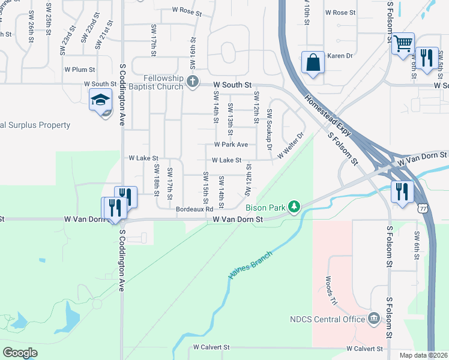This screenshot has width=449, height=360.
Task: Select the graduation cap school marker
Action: [x=101, y=100]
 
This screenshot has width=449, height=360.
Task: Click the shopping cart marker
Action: [x=403, y=43]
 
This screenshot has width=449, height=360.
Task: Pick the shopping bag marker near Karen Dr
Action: [x=313, y=62]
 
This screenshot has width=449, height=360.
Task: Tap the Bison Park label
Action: [x=265, y=208]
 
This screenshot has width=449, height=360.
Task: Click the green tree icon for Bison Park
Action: [x=294, y=207]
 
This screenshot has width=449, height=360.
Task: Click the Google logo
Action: [x=20, y=353]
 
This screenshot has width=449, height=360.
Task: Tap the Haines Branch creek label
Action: [x=250, y=265]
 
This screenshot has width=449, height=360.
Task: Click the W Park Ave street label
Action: [x=231, y=145]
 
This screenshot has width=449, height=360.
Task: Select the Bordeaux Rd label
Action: [x=195, y=209]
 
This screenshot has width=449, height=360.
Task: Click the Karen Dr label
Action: [x=338, y=56]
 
